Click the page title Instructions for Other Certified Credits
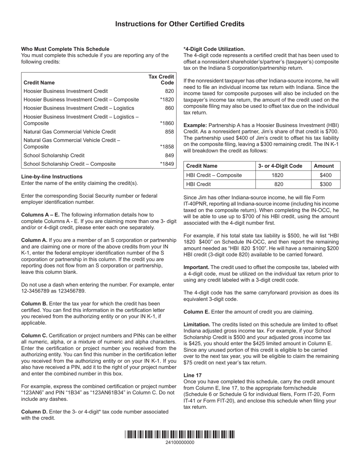[x=180, y=24]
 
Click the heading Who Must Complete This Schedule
[x=65, y=49]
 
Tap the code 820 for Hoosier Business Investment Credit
[x=169, y=91]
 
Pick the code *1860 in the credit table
[x=167, y=124]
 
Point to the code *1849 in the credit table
[x=167, y=164]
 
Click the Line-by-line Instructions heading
[x=52, y=177]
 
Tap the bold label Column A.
[x=34, y=240]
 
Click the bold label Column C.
[x=34, y=336]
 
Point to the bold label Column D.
[x=34, y=411]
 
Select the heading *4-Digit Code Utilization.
[x=214, y=49]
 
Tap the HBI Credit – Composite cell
[x=214, y=175]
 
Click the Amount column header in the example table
[x=324, y=166]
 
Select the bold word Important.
[x=196, y=267]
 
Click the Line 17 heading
[x=193, y=375]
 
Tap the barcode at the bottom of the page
[x=180, y=435]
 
